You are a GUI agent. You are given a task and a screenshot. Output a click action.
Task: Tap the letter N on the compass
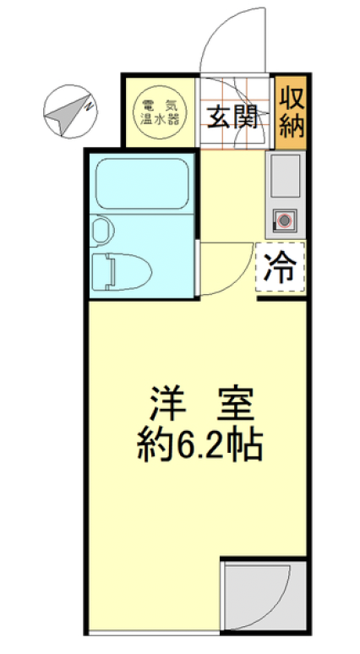coord(88,105)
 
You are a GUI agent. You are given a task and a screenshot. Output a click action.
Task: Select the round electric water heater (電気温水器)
coord(160,112)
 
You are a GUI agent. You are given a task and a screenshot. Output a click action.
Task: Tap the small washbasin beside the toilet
coord(101,229)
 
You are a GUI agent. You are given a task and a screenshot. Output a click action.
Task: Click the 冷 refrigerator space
coord(280,268)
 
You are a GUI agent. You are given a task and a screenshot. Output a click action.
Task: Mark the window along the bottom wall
coord(152,631)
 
